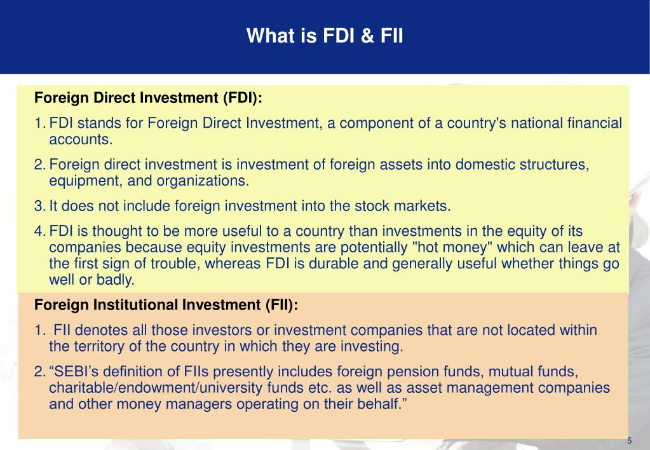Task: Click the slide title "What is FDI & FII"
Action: [325, 36]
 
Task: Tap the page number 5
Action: [629, 441]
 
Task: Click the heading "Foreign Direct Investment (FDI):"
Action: [148, 99]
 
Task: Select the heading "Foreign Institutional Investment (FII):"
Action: [166, 305]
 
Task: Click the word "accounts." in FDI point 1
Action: [81, 139]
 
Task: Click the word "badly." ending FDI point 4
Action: [118, 280]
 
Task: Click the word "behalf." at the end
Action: [380, 405]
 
